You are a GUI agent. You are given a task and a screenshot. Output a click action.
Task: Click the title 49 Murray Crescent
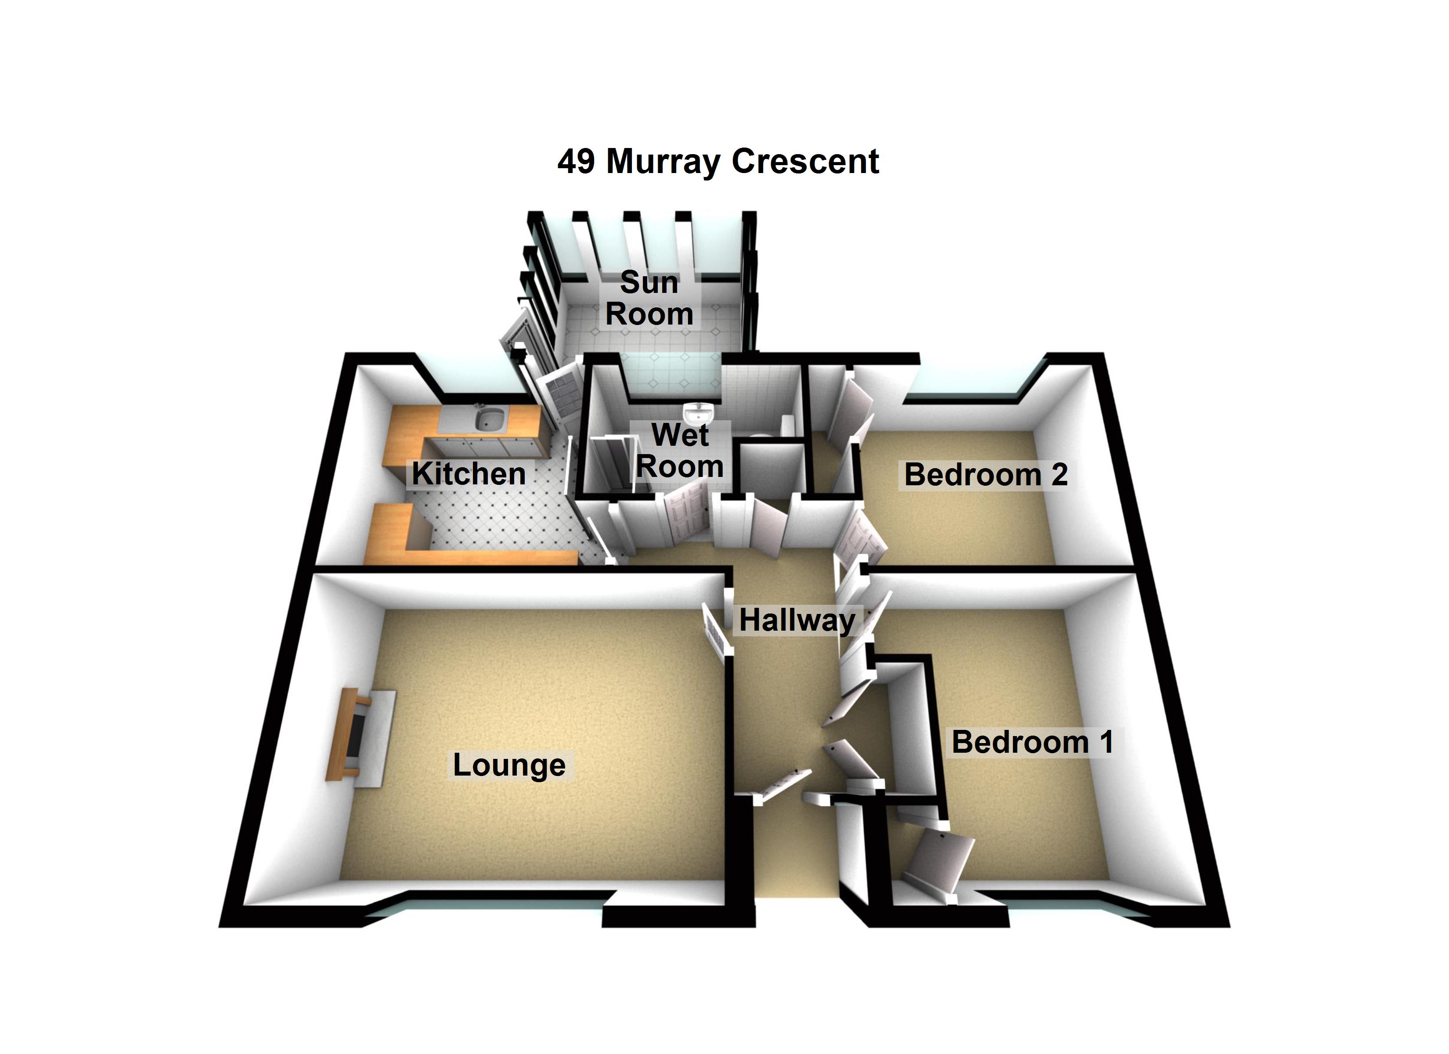pyautogui.click(x=717, y=161)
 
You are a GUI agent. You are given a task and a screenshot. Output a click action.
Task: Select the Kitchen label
pyautogui.click(x=469, y=473)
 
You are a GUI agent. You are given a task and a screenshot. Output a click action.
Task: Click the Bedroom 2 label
pyautogui.click(x=986, y=475)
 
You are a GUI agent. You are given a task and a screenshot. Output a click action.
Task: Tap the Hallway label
pyautogui.click(x=797, y=620)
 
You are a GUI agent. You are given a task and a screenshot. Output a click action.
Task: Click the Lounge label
pyautogui.click(x=509, y=765)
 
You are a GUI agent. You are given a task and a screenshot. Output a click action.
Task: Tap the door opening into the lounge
pyautogui.click(x=716, y=630)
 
